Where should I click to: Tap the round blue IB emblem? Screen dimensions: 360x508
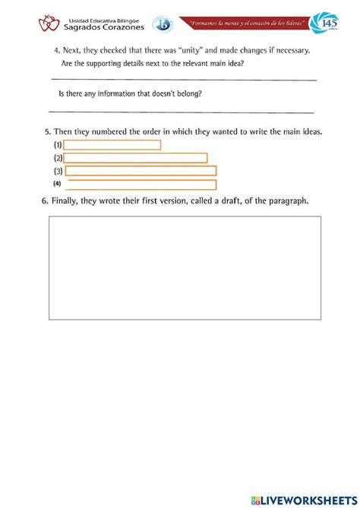point(163,25)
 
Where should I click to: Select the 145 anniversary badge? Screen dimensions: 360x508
point(327,24)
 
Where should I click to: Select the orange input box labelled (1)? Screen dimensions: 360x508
point(112,144)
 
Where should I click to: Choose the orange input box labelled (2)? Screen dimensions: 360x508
point(135,158)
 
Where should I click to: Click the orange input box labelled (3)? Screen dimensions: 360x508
point(141,171)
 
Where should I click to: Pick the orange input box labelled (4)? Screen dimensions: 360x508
point(141,185)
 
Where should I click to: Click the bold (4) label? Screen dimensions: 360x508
point(57,185)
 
